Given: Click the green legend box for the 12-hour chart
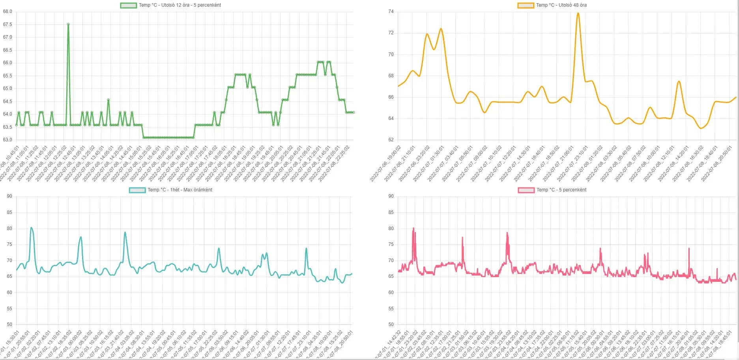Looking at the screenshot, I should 128,6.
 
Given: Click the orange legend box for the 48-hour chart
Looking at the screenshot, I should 526,6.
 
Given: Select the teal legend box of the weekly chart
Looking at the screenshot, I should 137,190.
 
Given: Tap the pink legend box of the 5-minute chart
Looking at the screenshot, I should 526,190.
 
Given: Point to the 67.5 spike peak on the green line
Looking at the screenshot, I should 68,24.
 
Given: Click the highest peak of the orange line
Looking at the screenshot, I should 578,13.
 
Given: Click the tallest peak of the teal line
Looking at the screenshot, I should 32,227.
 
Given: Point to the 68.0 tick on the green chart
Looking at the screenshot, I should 7,11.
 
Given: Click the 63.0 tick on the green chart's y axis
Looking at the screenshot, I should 7,140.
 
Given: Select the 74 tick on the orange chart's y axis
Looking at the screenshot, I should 391,11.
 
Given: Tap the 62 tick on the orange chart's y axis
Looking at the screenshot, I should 391,140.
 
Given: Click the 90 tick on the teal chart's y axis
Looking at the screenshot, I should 9,196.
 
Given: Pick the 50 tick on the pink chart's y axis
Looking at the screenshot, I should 391,324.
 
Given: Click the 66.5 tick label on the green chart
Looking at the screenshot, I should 7,50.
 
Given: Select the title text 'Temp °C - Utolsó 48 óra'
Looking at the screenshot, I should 561,5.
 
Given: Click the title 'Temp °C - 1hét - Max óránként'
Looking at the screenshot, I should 180,190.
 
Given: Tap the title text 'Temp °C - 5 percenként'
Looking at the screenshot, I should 561,190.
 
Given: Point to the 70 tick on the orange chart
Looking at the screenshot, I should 391,54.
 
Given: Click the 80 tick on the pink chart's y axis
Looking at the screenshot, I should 391,229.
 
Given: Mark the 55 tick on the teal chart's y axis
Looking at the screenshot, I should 9,309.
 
